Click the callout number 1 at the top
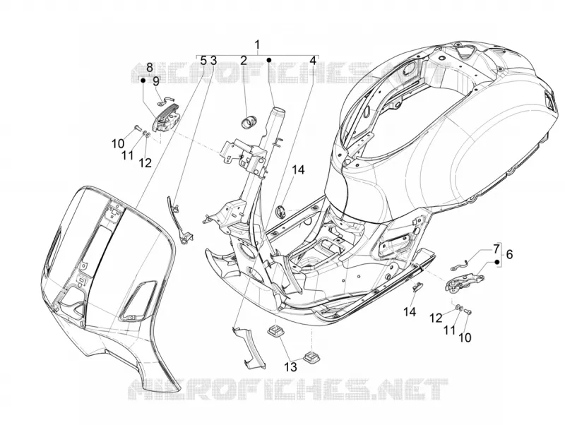coord(257,45)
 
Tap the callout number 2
coord(244,61)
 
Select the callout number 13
coord(290,367)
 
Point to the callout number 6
coord(509,254)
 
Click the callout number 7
coord(496,249)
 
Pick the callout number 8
coord(150,67)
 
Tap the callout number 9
coord(155,81)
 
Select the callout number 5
coord(203,61)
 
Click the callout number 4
coord(313,61)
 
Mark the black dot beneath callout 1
coord(268,59)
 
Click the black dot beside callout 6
coord(497,262)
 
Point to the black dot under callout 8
coord(143,80)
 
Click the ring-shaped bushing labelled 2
coord(248,121)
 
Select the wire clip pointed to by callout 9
coord(165,101)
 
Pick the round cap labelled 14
coord(280,211)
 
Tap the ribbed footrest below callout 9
coord(167,120)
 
